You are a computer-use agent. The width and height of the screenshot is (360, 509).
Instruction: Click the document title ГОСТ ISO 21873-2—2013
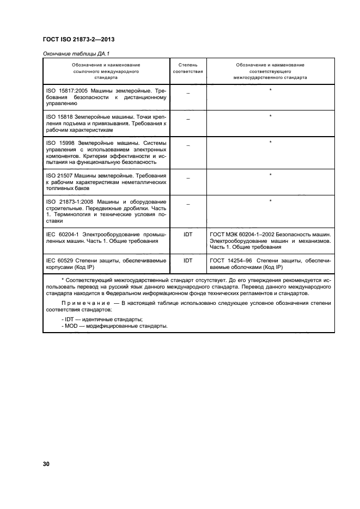(78, 40)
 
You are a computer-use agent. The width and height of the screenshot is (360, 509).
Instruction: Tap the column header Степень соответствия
(188, 68)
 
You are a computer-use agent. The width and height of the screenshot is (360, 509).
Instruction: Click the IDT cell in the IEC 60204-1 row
(188, 234)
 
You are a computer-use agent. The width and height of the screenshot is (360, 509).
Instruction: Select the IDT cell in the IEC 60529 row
(188, 260)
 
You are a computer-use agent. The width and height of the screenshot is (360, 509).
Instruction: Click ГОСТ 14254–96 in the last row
(230, 260)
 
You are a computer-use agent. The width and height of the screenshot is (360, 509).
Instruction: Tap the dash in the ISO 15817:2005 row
(188, 93)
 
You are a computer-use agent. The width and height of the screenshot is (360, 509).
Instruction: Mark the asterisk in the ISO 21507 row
(270, 175)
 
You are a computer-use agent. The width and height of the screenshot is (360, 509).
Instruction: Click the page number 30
(46, 464)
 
